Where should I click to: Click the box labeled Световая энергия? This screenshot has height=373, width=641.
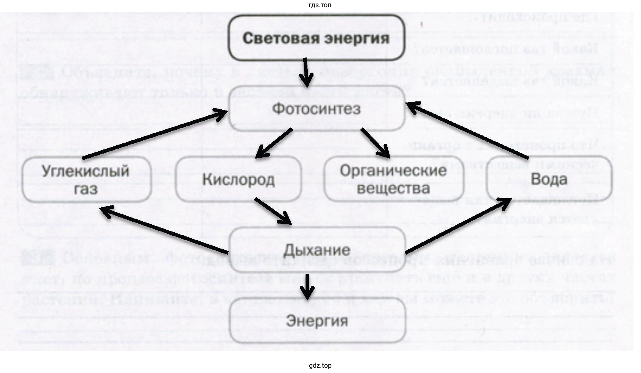[316, 38]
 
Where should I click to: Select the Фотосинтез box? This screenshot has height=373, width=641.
[316, 109]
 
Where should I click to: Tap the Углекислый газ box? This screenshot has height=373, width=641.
[86, 179]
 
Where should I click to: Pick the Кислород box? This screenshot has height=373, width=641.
[239, 179]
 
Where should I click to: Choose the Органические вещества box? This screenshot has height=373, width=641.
[393, 179]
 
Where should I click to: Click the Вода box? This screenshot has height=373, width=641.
[549, 179]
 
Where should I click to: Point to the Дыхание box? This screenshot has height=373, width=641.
[317, 250]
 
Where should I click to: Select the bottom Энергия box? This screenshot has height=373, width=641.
[317, 321]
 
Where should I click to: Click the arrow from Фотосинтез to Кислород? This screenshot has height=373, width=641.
[274, 143]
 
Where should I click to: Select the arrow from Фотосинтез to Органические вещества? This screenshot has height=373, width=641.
[375, 143]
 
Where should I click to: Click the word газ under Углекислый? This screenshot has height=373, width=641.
[86, 188]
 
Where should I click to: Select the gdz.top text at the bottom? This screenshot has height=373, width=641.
[320, 365]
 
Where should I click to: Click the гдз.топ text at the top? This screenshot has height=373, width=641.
[320, 5]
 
